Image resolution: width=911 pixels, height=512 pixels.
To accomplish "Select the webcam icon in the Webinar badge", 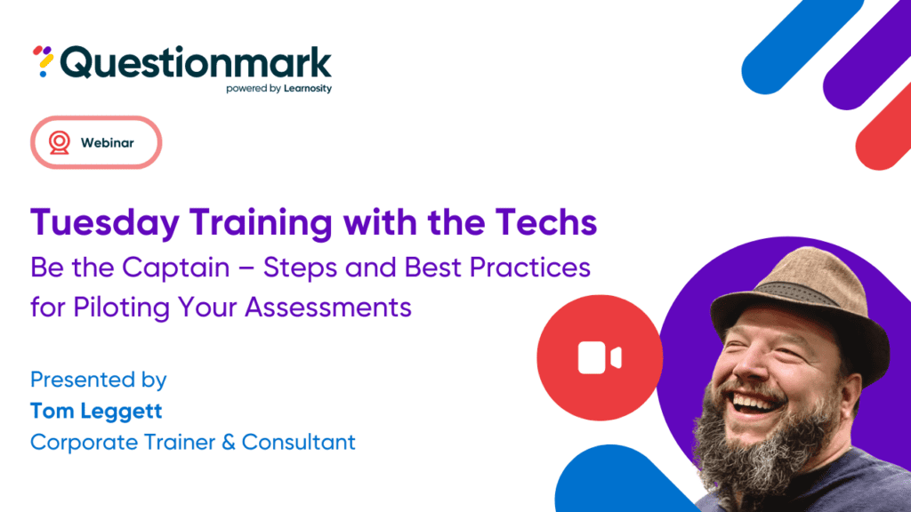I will click(59, 142).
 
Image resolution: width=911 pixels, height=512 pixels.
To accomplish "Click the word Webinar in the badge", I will click(108, 142).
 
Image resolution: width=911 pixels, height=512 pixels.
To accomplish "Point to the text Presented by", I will click(98, 380).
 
